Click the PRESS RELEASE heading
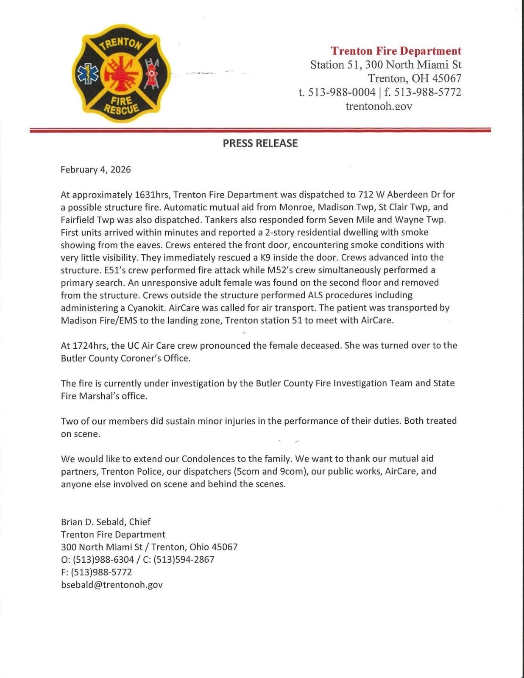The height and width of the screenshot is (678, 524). [x=260, y=143]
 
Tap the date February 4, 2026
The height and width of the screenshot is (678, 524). [x=96, y=169]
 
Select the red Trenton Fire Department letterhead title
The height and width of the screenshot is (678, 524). [x=396, y=51]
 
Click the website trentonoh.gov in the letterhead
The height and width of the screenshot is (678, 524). [x=379, y=106]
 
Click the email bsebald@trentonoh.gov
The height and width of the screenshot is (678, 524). [x=112, y=585]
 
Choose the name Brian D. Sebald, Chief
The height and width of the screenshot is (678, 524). [x=106, y=522]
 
